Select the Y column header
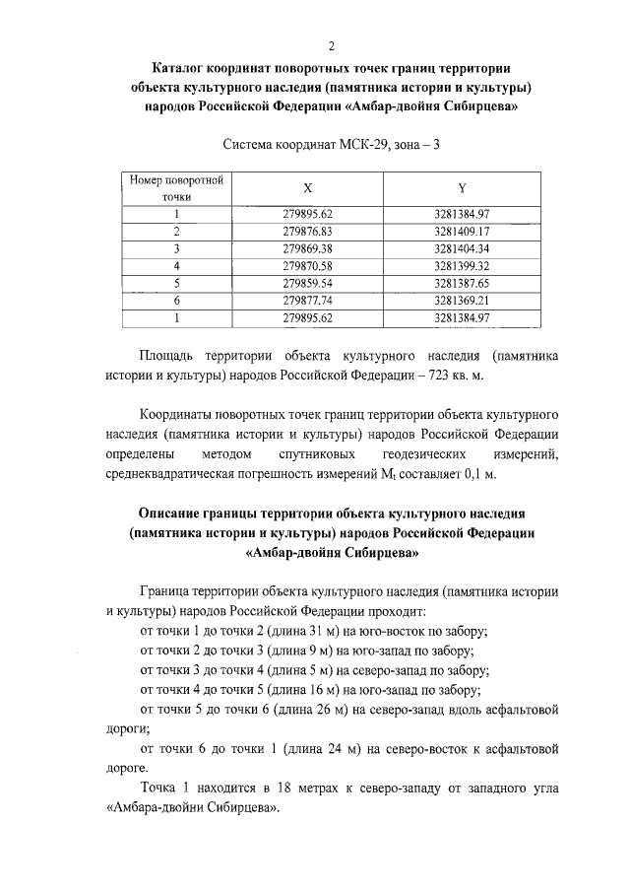[x=462, y=186]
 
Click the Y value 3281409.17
[x=462, y=231]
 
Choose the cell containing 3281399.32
[x=462, y=265]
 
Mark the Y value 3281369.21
[x=462, y=300]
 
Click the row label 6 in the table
[x=177, y=300]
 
